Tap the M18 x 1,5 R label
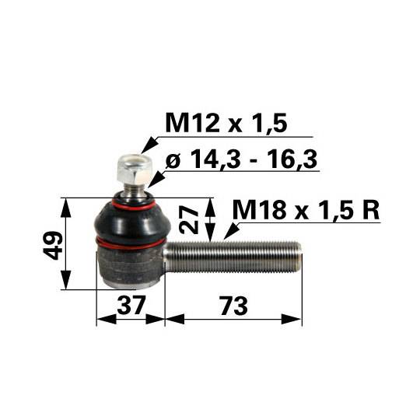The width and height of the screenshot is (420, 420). (306, 210)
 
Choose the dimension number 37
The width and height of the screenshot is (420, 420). (131, 306)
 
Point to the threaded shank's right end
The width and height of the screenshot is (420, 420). (297, 254)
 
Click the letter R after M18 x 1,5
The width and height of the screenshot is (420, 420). (369, 210)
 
